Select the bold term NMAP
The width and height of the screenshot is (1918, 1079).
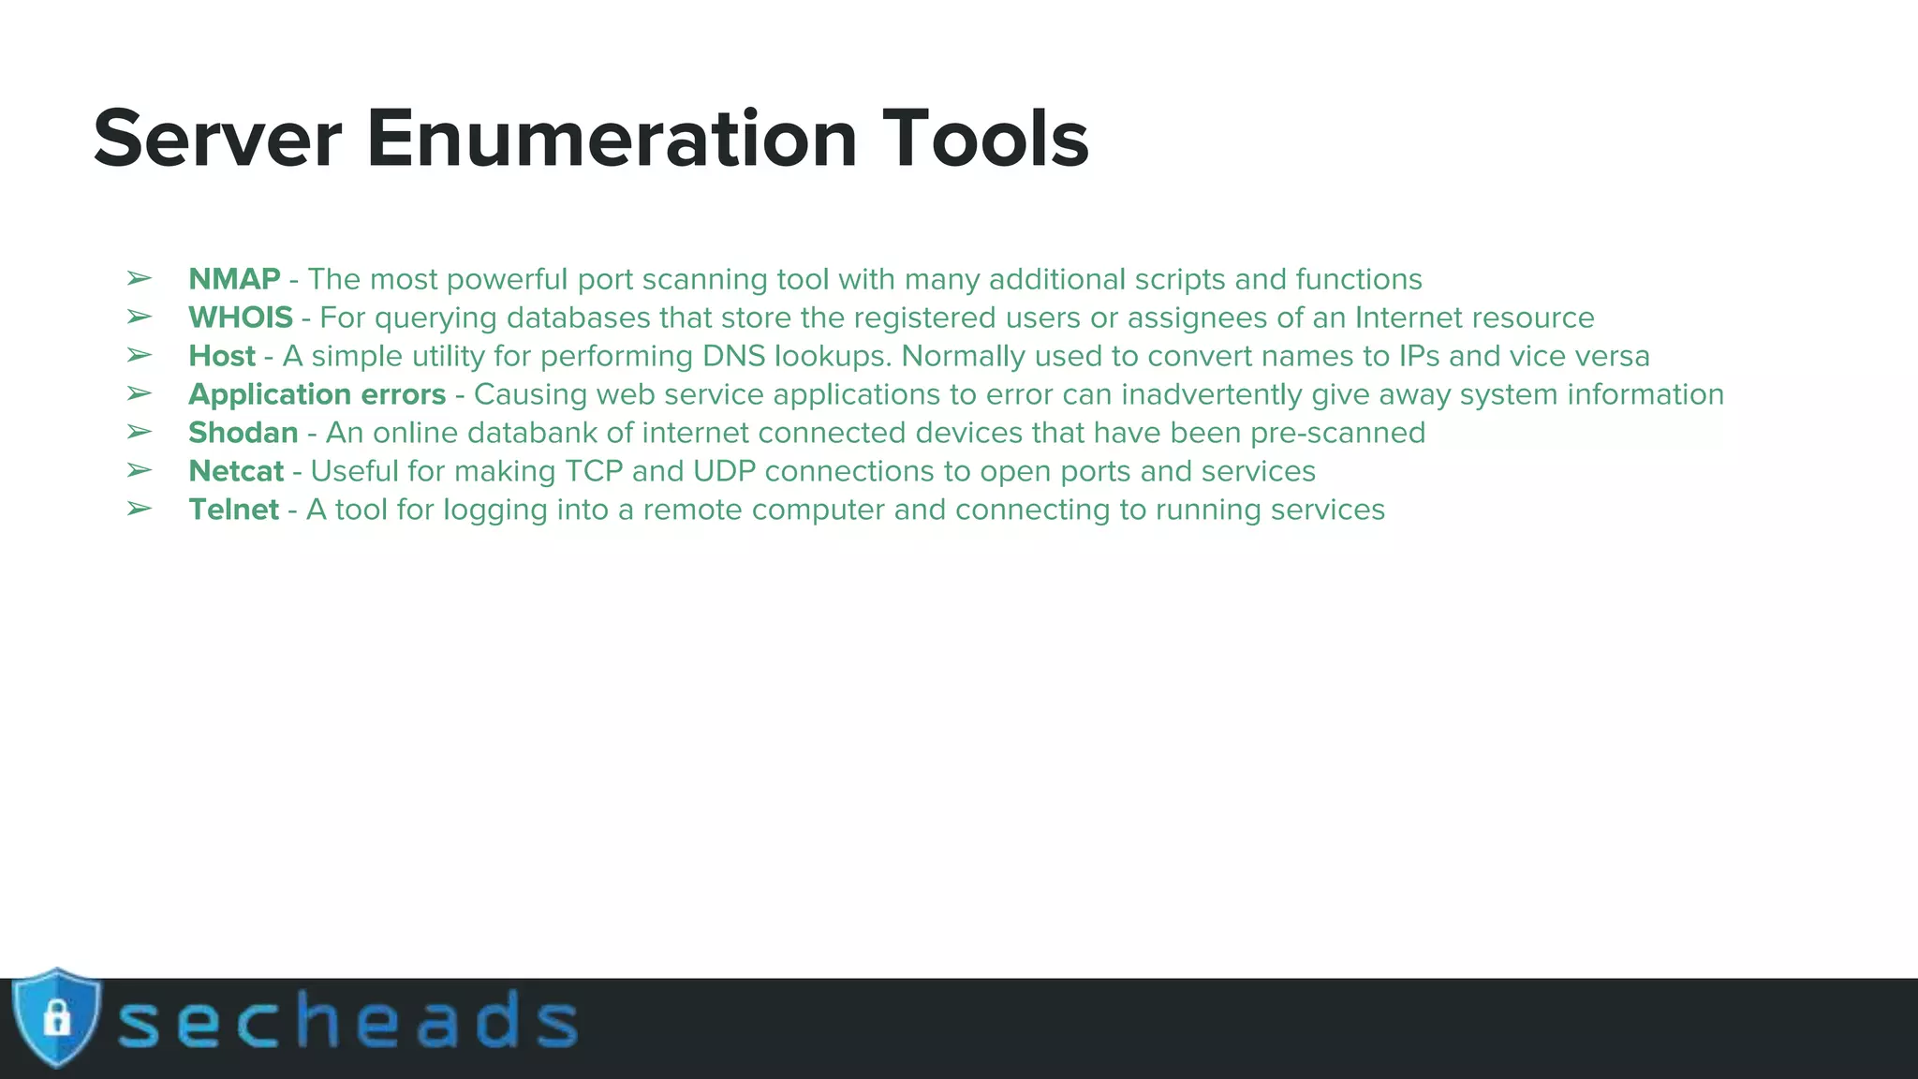(234, 279)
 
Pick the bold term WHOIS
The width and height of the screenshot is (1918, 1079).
(241, 318)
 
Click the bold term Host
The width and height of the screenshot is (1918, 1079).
(222, 356)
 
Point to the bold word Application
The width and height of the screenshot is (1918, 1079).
(270, 394)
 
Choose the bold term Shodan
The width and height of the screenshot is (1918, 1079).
(243, 433)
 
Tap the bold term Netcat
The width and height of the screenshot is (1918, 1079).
(236, 471)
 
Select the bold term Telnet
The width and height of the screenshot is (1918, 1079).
(234, 510)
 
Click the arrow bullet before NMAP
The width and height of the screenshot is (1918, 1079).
(139, 279)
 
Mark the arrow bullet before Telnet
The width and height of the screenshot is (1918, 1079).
(139, 510)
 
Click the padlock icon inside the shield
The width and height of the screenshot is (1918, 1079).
(57, 1018)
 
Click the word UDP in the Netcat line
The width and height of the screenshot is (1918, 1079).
(724, 471)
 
